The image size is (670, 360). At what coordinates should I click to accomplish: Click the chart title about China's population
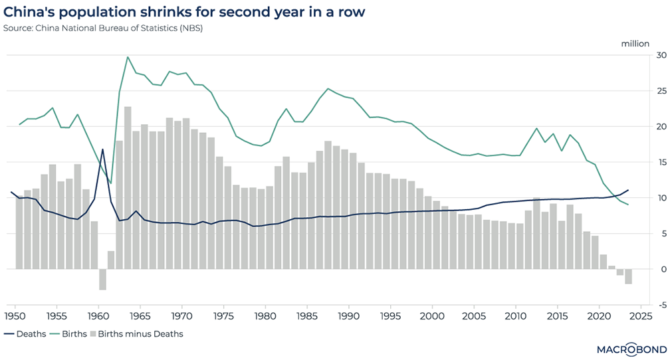tap(185, 13)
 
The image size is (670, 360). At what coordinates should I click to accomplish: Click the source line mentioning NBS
tap(103, 28)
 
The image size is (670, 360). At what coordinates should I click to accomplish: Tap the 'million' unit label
tap(635, 44)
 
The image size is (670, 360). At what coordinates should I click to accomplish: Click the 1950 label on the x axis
tap(15, 316)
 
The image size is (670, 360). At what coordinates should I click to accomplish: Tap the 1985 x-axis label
tap(307, 316)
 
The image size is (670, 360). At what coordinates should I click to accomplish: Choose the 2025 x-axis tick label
tap(641, 316)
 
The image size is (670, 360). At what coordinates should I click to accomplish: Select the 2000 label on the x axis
tap(432, 316)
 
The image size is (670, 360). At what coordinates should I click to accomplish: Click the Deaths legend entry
tap(26, 334)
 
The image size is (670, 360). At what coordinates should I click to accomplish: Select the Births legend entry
tap(70, 334)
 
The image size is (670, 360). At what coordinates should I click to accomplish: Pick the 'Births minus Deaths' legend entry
tap(136, 334)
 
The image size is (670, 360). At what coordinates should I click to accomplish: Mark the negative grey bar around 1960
tap(102, 279)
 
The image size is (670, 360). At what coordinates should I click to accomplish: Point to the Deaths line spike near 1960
tap(102, 149)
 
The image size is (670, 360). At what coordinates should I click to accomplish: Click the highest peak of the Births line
tap(128, 57)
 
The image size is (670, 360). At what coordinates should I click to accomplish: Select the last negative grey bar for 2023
tap(628, 276)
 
